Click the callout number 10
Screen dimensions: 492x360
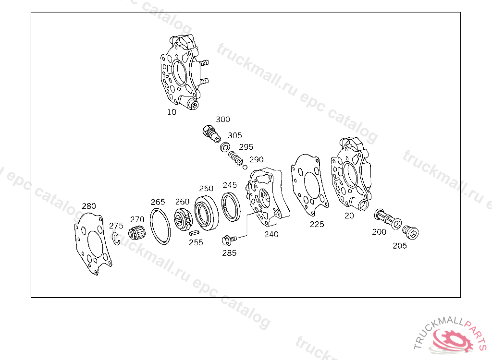point(172,112)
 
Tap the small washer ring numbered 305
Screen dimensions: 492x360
point(225,147)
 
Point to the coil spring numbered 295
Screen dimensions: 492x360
point(235,158)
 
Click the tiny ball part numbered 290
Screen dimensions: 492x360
point(245,167)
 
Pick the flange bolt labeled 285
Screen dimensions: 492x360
point(229,240)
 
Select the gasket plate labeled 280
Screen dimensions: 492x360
point(93,243)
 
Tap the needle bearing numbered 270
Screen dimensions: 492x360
point(137,232)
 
